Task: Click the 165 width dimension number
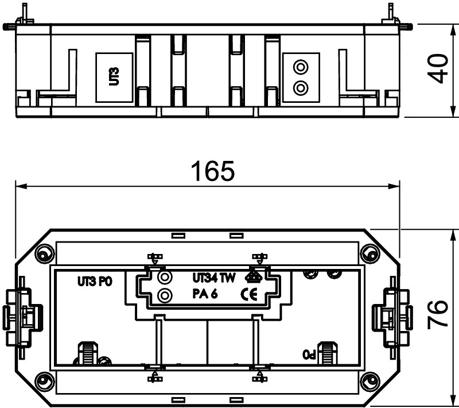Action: [212, 171]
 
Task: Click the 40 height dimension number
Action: [438, 68]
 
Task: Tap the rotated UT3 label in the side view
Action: [114, 76]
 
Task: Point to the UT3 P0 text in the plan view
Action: [95, 282]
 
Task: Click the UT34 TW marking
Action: [213, 278]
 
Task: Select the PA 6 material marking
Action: [205, 294]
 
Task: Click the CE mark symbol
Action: [249, 294]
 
